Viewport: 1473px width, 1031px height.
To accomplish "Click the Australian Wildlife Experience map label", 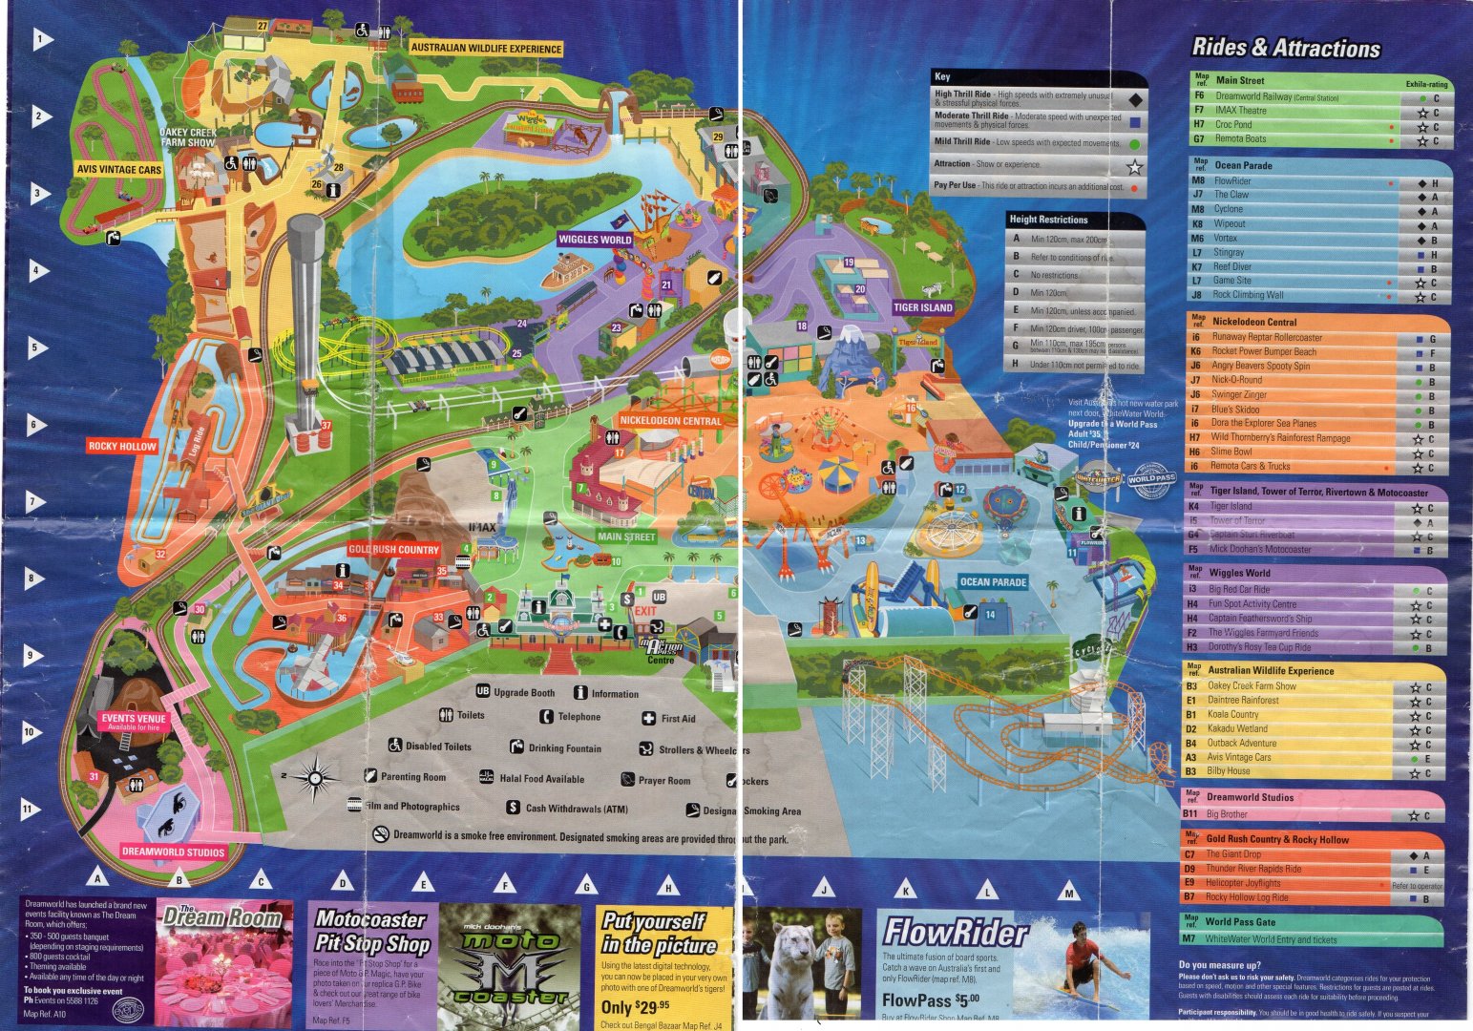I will pyautogui.click(x=486, y=48).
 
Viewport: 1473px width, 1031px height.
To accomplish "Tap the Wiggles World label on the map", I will pyautogui.click(x=595, y=240).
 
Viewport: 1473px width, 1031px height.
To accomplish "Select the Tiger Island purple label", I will pyautogui.click(x=922, y=307).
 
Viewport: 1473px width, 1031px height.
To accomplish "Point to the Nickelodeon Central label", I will pyautogui.click(x=670, y=420).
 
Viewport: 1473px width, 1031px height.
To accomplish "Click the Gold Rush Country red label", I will pyautogui.click(x=393, y=550).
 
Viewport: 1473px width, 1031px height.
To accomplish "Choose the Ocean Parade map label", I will pyautogui.click(x=993, y=582).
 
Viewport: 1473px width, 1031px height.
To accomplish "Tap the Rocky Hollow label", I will pyautogui.click(x=122, y=446).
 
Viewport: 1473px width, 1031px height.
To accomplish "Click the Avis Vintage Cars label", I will pyautogui.click(x=119, y=170).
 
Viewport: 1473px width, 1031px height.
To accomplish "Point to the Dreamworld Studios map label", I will pyautogui.click(x=173, y=852).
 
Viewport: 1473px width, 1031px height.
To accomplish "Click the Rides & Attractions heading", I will pyautogui.click(x=1285, y=48).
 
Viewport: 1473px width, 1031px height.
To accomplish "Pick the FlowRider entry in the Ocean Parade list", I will pyautogui.click(x=1232, y=180).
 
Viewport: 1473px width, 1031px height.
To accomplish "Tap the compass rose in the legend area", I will pyautogui.click(x=314, y=778).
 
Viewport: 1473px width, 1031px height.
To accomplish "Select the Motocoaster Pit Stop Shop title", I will pyautogui.click(x=370, y=932).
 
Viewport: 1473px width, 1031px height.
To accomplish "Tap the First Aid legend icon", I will pyautogui.click(x=648, y=719).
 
